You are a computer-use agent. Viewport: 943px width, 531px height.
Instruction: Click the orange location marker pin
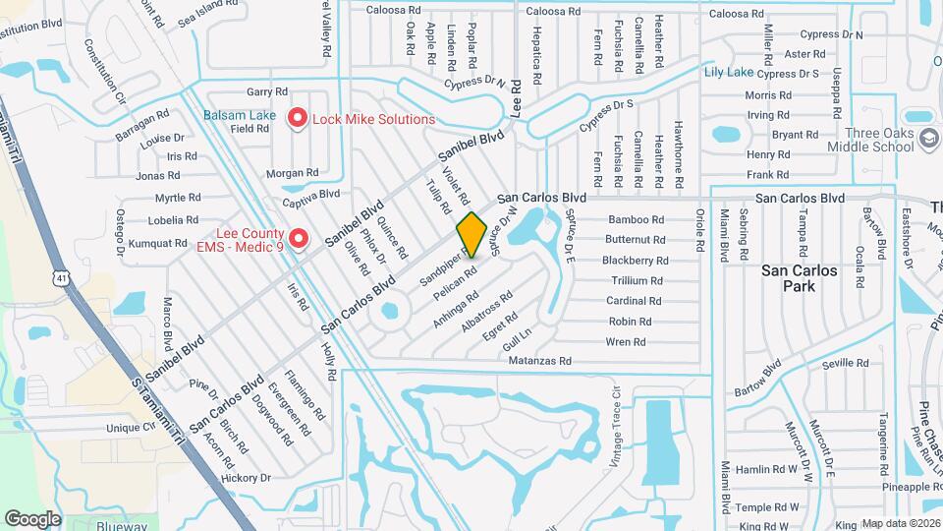(471, 235)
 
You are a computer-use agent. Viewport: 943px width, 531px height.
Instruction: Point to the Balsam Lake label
(240, 115)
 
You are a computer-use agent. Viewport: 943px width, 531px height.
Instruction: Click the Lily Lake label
(728, 73)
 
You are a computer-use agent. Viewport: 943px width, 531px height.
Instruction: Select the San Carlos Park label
(801, 277)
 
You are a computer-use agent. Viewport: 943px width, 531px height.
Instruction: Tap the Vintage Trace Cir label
(618, 410)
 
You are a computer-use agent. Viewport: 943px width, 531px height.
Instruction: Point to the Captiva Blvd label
(310, 194)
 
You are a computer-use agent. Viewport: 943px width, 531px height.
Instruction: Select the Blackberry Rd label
(635, 261)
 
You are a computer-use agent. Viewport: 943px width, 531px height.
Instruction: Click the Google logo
(32, 518)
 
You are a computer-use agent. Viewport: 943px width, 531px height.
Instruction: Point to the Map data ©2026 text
(901, 523)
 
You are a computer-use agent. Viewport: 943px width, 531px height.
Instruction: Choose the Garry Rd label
(266, 91)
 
